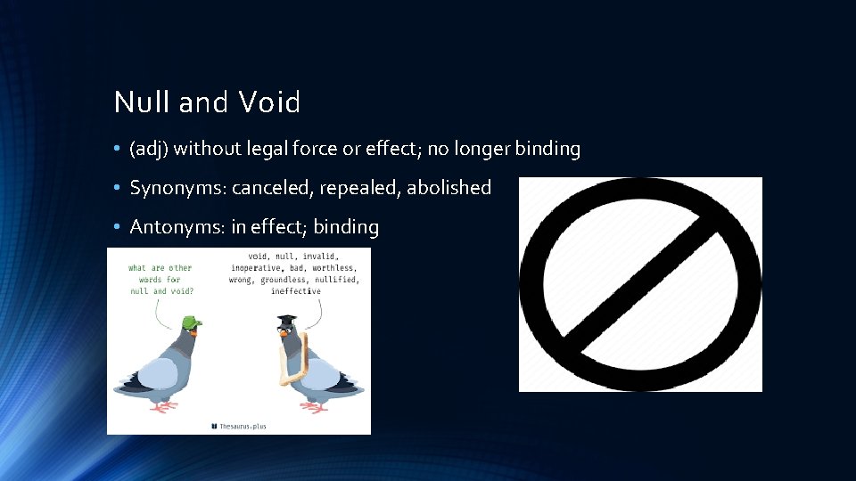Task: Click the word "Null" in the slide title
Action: tap(143, 102)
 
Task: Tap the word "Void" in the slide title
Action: tap(269, 102)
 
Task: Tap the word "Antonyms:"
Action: tap(177, 227)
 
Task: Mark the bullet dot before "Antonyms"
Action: tap(118, 228)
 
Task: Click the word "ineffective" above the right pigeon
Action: tap(296, 291)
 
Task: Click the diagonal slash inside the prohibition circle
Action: tap(640, 284)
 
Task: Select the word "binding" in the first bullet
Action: tap(546, 149)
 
